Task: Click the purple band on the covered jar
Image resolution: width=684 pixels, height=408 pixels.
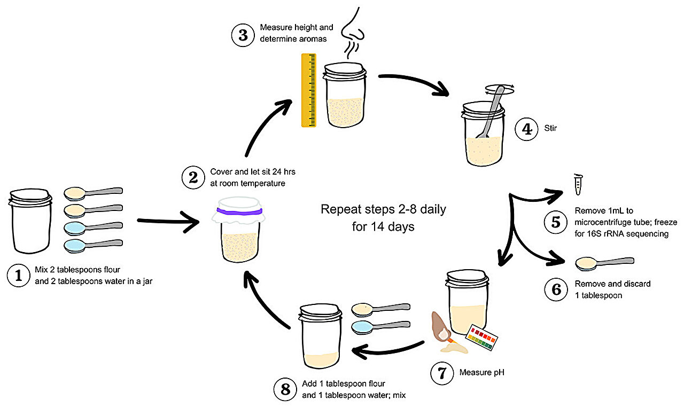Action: click(239, 211)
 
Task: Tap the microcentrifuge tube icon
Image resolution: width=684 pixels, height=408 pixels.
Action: click(577, 184)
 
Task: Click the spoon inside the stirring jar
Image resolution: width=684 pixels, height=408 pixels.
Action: click(488, 115)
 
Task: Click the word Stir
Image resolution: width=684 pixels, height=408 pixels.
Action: click(550, 128)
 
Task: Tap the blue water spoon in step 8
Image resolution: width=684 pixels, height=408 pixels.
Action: click(380, 326)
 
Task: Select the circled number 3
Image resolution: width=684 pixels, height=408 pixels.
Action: click(243, 35)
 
